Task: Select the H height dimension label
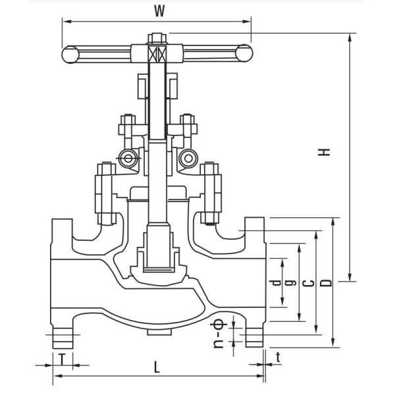[324, 152]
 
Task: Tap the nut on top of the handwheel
[157, 38]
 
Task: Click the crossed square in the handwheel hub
[157, 54]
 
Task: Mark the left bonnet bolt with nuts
[105, 194]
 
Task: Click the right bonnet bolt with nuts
[211, 194]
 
